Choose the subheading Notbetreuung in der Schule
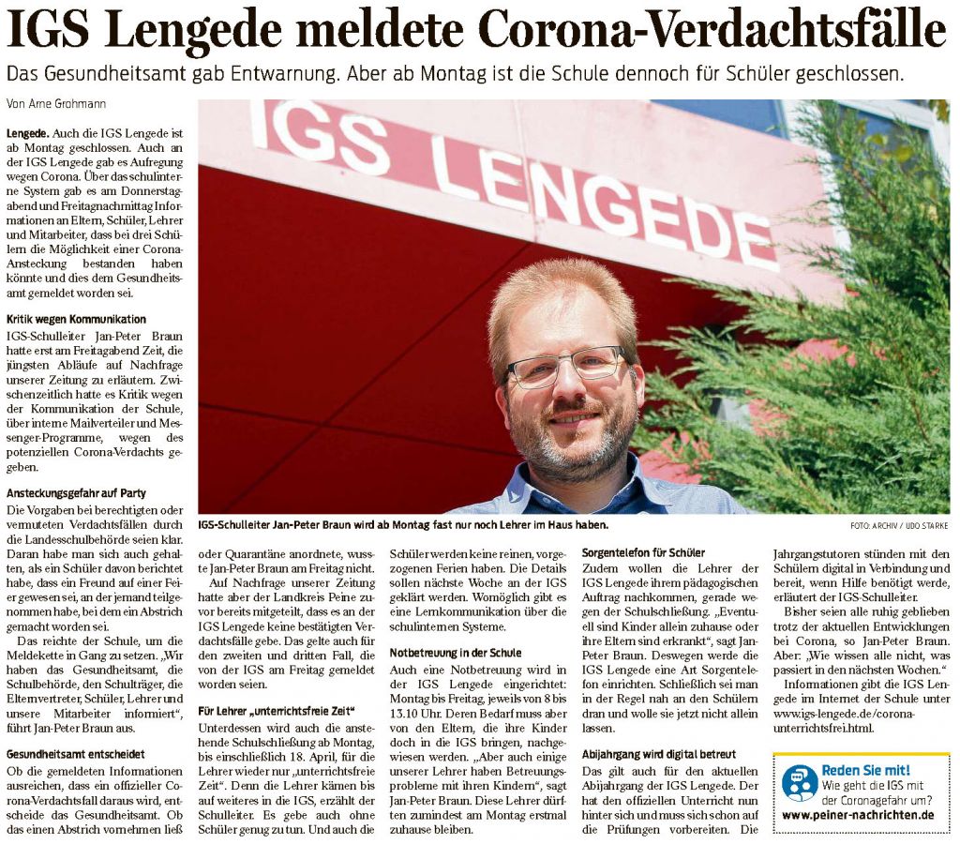(456, 652)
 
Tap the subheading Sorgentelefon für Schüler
(643, 552)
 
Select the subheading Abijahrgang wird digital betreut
(659, 754)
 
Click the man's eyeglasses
(565, 366)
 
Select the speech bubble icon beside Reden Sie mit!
(799, 782)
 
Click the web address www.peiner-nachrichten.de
(857, 815)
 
